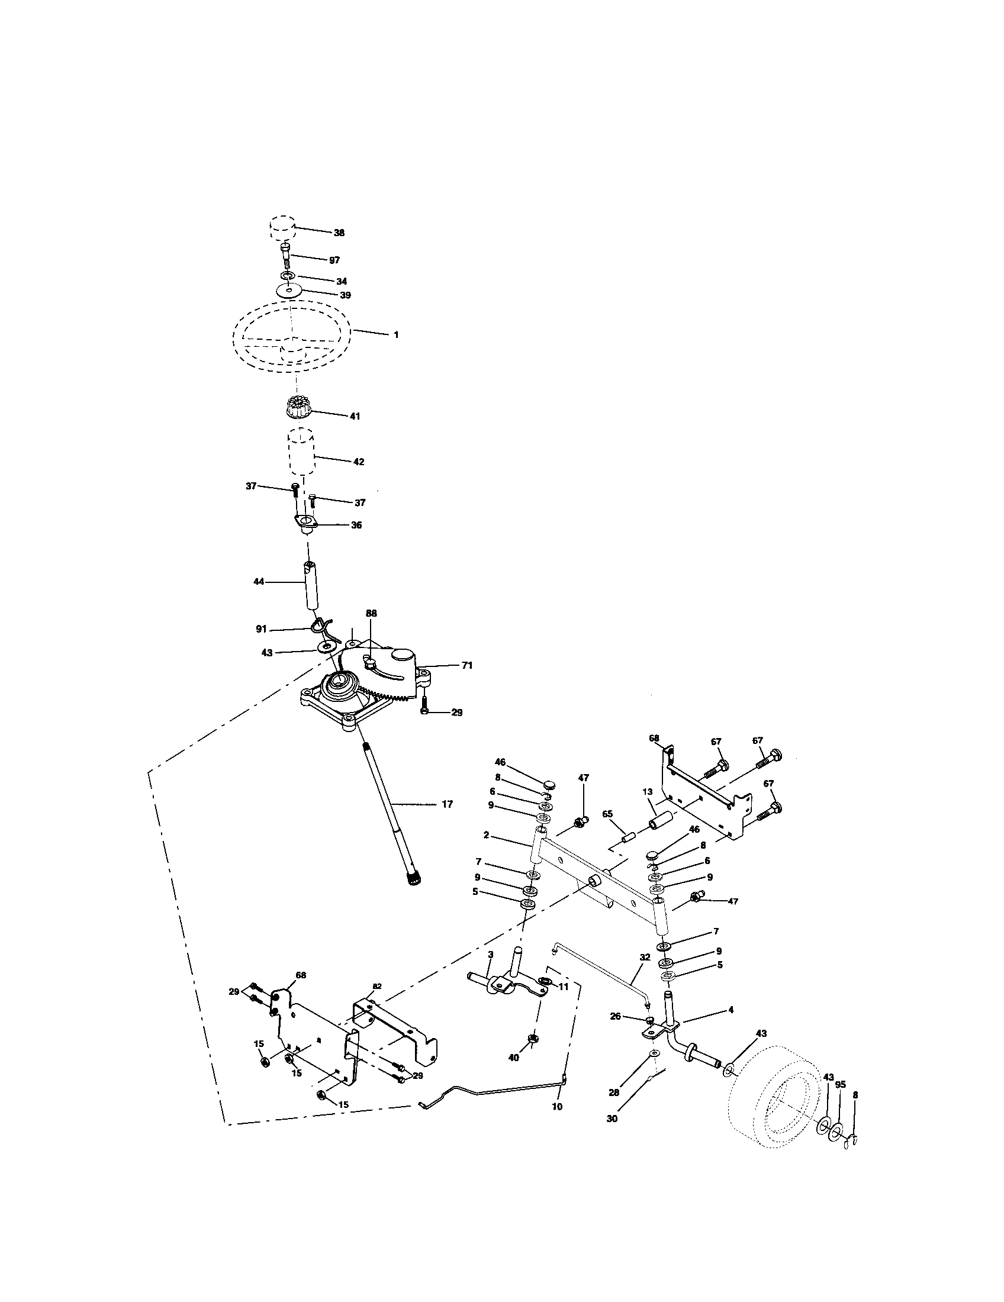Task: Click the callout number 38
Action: point(339,233)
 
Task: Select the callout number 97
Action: point(334,260)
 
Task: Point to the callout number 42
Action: point(358,462)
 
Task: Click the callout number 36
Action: point(356,525)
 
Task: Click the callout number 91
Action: point(262,629)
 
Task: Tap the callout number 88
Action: point(371,613)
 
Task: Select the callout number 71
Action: point(467,665)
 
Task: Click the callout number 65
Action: point(607,813)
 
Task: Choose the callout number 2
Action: point(487,835)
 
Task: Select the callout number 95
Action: point(840,1085)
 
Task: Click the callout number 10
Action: point(557,1107)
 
